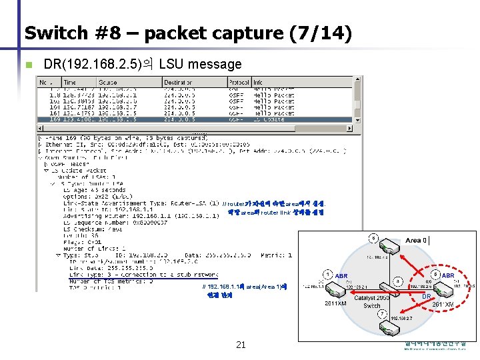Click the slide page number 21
[241, 344]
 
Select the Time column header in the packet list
[69, 83]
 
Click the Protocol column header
[239, 83]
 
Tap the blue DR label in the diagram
[426, 297]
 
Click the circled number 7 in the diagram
[381, 313]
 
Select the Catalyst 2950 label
[371, 297]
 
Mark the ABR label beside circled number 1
[341, 276]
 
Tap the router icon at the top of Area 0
[393, 247]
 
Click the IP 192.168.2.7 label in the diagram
[404, 319]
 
